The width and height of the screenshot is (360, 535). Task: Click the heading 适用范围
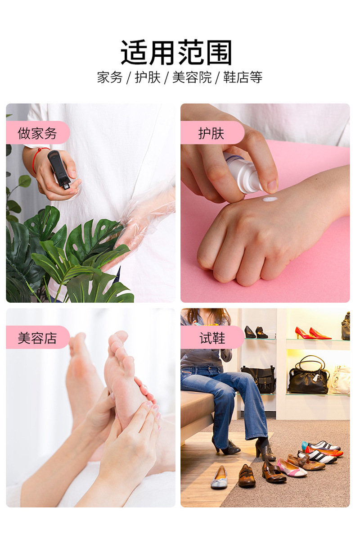click(x=176, y=53)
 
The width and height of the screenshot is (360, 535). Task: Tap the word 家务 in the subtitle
click(x=110, y=77)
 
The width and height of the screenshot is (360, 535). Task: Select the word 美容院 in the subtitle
click(x=192, y=77)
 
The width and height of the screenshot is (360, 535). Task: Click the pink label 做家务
click(x=37, y=133)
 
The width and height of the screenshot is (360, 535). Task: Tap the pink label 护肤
click(x=211, y=133)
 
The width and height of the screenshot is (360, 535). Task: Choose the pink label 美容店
click(x=37, y=338)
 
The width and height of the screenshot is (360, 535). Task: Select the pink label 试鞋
click(x=212, y=338)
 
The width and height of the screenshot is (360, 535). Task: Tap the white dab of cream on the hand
click(x=270, y=199)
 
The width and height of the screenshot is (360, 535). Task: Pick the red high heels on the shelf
click(x=312, y=334)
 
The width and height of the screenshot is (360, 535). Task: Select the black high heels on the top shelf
click(x=256, y=333)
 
